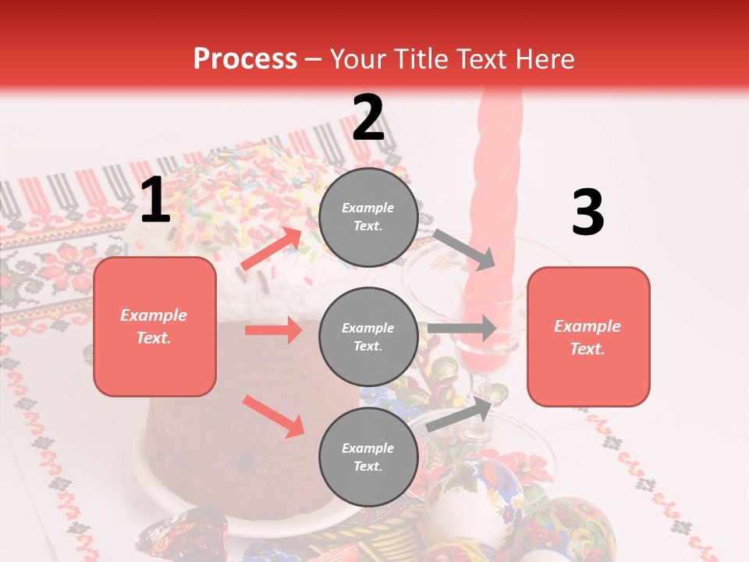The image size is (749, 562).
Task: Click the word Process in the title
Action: pos(245,59)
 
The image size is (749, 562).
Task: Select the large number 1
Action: pos(155,201)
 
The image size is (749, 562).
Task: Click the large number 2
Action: pos(368,118)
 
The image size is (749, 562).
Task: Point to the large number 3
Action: pos(587,212)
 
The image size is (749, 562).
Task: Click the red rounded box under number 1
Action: pos(154,326)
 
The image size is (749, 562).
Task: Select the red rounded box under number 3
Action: pos(588,336)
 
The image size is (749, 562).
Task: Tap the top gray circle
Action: pos(368,217)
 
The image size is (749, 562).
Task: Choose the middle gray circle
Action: pos(368,336)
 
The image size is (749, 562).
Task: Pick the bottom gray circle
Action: pos(368,457)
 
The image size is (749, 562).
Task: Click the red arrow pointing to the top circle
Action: pos(272,249)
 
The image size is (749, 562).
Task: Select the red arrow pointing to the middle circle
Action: pos(273,330)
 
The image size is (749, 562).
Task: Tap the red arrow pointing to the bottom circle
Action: pos(273,416)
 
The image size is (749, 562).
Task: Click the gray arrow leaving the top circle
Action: pos(464,249)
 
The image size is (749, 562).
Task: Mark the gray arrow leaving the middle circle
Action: pos(462,329)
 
